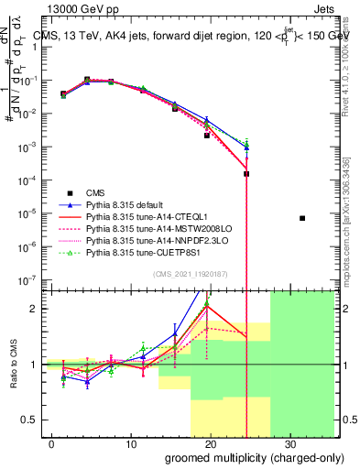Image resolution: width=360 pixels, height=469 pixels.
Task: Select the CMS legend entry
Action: pyautogui.click(x=95, y=192)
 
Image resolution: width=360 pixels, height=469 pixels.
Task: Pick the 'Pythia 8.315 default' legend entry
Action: pyautogui.click(x=126, y=205)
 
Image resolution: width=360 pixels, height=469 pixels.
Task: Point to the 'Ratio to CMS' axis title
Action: pyautogui.click(x=15, y=365)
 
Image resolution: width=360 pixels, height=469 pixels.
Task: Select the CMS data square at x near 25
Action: pyautogui.click(x=247, y=173)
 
